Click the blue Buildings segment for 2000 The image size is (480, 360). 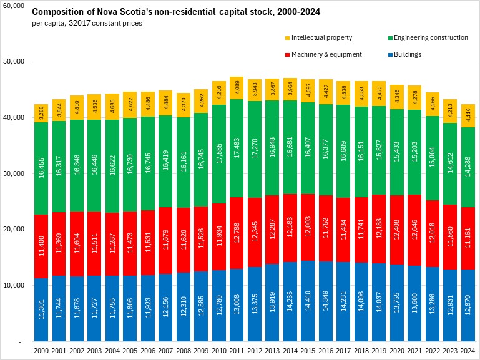(41, 309)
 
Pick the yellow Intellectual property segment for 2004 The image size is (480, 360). (112, 107)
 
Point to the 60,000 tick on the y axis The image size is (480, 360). (12, 6)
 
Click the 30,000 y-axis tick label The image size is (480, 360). (12, 173)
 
